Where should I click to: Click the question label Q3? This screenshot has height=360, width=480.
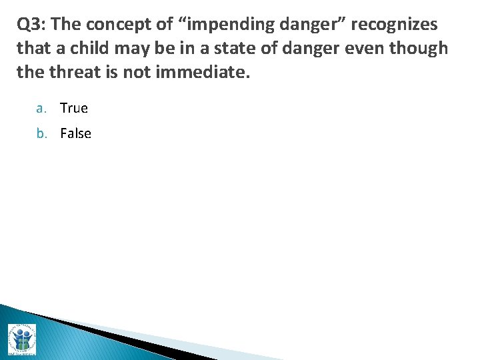[31, 25]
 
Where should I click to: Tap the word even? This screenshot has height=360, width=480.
[366, 49]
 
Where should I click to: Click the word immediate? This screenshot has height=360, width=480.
[202, 72]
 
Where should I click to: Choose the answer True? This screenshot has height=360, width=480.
[74, 108]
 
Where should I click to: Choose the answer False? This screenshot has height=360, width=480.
[76, 133]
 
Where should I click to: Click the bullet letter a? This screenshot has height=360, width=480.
[41, 108]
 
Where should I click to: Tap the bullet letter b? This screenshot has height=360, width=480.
[41, 133]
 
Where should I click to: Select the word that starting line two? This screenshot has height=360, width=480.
[31, 49]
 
